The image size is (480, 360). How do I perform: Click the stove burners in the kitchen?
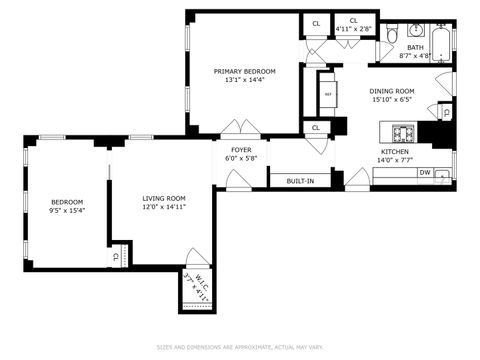[403, 133]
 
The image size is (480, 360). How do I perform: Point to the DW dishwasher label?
[425, 173]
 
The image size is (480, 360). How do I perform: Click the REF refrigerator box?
[327, 95]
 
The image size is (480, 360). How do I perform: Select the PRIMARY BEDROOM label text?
[244, 71]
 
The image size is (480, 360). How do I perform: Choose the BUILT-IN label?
[301, 181]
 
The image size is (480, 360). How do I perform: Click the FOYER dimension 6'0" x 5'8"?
[241, 158]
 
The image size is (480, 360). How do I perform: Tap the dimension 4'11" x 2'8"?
[353, 29]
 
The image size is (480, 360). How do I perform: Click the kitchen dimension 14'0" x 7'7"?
[393, 160]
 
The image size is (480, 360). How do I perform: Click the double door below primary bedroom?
[241, 130]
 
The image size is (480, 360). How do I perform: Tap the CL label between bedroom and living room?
[116, 257]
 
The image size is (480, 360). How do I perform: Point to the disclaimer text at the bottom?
[240, 348]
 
